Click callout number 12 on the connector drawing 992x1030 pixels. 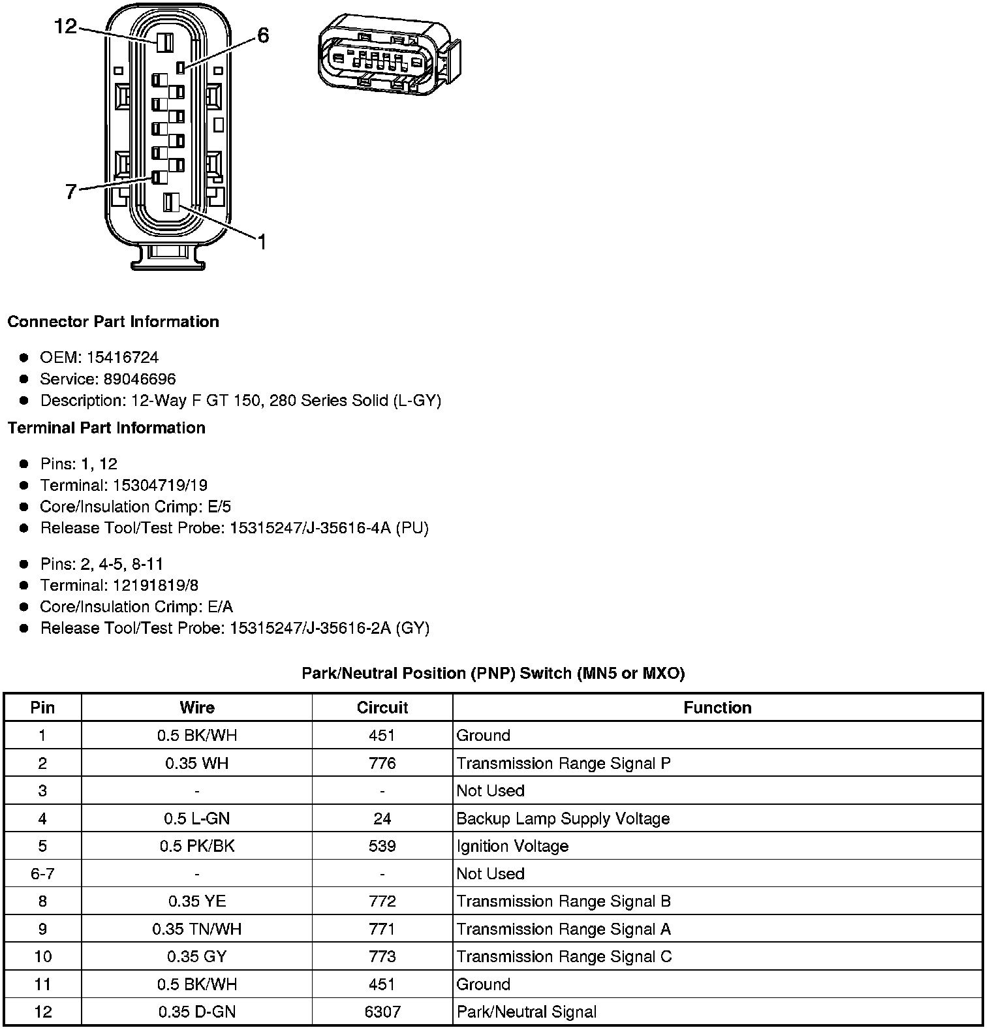65,27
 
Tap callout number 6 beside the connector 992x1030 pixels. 262,35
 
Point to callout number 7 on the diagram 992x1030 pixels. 71,192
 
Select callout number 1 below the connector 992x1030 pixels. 261,243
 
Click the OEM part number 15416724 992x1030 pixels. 123,358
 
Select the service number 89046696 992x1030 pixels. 140,379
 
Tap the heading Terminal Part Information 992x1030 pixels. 106,428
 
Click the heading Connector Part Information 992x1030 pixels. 113,322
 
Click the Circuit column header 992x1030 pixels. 382,708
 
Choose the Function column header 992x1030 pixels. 717,708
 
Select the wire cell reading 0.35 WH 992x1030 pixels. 196,763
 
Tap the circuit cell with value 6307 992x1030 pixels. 382,1012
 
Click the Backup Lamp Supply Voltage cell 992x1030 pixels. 563,819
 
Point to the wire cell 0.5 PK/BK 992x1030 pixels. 196,846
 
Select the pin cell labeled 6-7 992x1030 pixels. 42,873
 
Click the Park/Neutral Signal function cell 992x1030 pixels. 526,1012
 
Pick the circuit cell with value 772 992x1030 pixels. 382,901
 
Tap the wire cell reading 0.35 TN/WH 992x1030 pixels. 196,929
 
